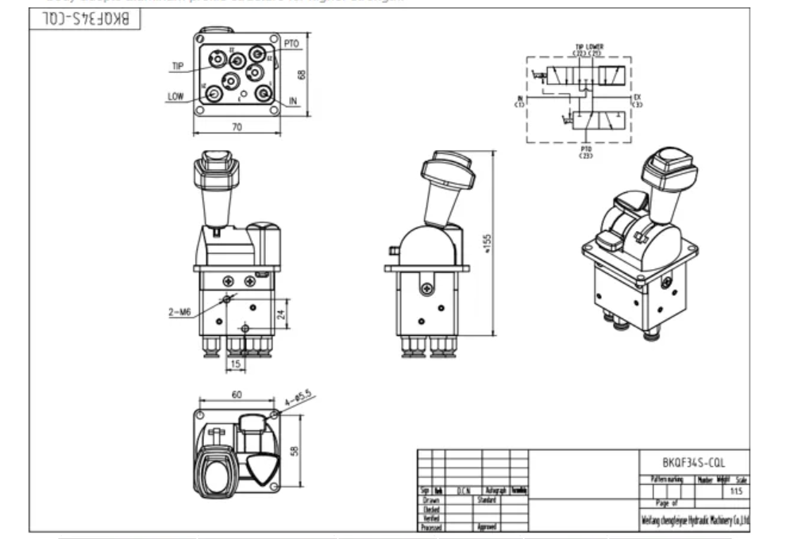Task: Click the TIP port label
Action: click(x=177, y=67)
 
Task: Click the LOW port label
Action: click(x=175, y=97)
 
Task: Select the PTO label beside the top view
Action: click(x=291, y=44)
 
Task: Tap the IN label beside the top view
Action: click(x=294, y=101)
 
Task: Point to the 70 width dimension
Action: click(x=237, y=125)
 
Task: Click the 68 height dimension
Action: click(x=302, y=74)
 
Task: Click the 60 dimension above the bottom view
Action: click(x=237, y=395)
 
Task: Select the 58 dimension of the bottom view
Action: click(x=295, y=450)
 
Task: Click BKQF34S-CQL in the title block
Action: click(x=693, y=462)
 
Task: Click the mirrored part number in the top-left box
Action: click(x=85, y=19)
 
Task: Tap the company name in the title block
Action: click(x=694, y=521)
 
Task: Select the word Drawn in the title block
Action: click(x=431, y=501)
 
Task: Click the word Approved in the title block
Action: click(x=487, y=526)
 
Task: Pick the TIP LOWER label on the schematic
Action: click(x=588, y=47)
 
